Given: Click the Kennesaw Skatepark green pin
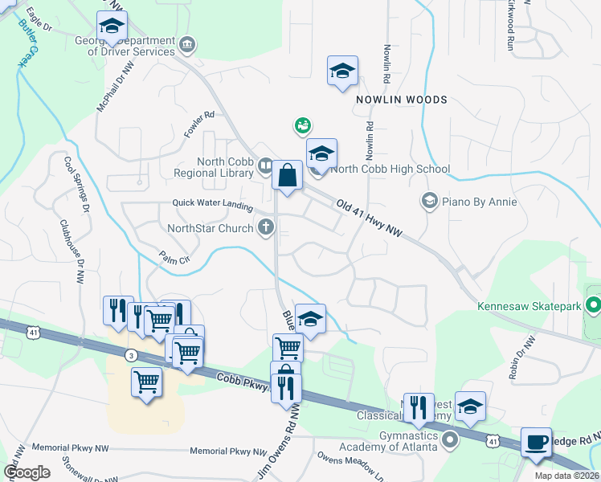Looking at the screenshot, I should (593, 305).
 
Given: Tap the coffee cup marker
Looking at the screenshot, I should (536, 443).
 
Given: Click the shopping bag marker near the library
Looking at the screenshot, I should (287, 175).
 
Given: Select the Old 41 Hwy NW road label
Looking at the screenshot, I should (369, 219).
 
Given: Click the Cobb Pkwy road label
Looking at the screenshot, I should (241, 382).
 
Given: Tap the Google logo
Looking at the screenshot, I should (27, 472).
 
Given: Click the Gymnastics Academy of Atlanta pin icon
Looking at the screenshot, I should (450, 439).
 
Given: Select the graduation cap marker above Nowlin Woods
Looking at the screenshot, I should (342, 70).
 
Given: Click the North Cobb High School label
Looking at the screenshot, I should (390, 169).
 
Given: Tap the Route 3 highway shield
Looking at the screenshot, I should (130, 354).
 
